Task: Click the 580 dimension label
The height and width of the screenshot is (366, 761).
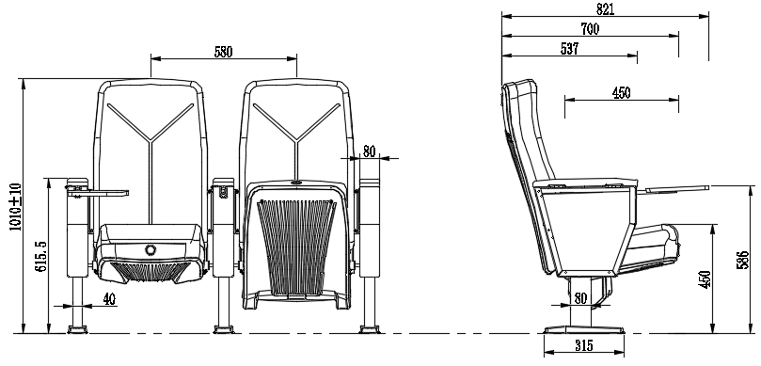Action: [x=223, y=52]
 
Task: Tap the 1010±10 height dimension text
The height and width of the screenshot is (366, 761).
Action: [x=16, y=207]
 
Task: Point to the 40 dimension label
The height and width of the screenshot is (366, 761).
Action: [x=110, y=299]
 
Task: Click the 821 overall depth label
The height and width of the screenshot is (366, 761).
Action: [x=605, y=9]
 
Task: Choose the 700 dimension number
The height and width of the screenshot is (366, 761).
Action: [x=590, y=29]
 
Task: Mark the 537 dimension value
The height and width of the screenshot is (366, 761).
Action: [x=569, y=49]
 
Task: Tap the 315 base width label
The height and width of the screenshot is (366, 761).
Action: [x=584, y=345]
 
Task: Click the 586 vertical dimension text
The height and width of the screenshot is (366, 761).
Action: [x=743, y=261]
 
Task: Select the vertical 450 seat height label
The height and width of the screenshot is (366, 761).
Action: [x=705, y=279]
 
